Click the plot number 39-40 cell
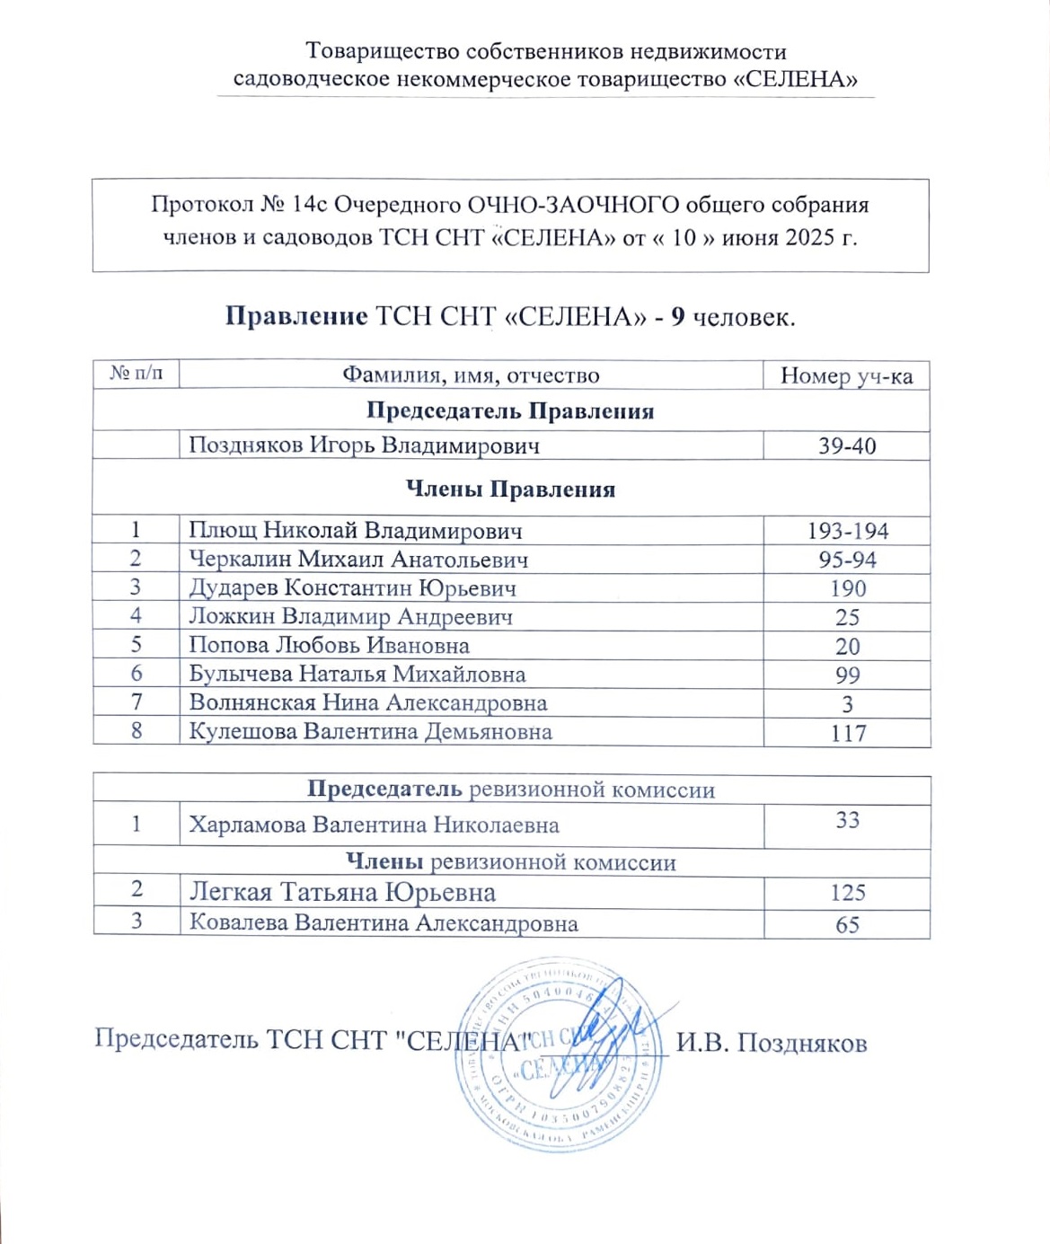(x=846, y=446)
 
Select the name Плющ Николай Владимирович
(x=355, y=531)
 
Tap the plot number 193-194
(x=847, y=531)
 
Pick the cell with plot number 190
(x=847, y=588)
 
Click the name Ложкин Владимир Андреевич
(x=350, y=617)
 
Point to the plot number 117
(x=847, y=733)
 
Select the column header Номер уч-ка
(x=846, y=375)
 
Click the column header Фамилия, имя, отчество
(x=471, y=375)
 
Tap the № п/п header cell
(x=137, y=374)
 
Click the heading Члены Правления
(x=510, y=490)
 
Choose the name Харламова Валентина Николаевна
(x=374, y=825)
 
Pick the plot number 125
(x=847, y=893)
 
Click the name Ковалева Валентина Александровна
(x=383, y=923)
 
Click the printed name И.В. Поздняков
(x=771, y=1043)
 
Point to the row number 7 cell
(x=137, y=702)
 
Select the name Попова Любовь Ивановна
(x=329, y=646)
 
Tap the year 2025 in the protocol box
(x=811, y=239)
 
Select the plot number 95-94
(x=847, y=560)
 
